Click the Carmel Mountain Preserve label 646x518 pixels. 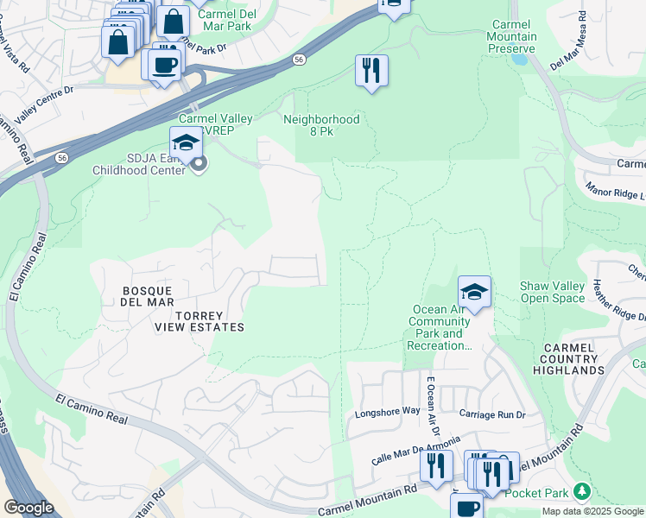click(x=514, y=37)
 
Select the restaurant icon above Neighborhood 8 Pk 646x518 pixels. click(x=371, y=71)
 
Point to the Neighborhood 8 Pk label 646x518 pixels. click(x=320, y=126)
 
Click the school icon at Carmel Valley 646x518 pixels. click(x=186, y=142)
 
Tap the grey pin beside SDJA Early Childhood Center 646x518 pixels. click(x=199, y=163)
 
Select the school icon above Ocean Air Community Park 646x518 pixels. click(x=474, y=293)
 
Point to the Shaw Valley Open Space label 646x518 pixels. click(x=553, y=292)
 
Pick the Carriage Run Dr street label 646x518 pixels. click(x=492, y=414)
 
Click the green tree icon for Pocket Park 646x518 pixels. click(x=583, y=491)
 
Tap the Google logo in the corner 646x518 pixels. click(x=28, y=508)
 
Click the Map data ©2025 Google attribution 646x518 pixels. click(x=592, y=511)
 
